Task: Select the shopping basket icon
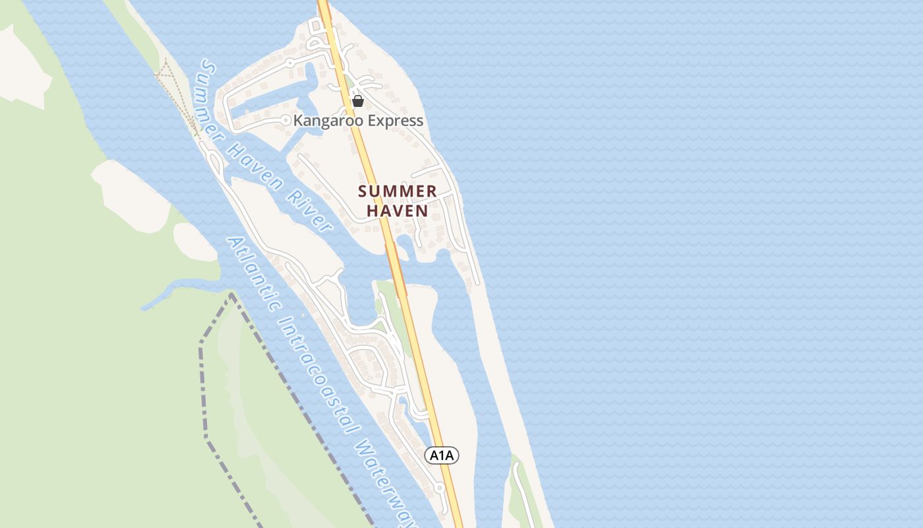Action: [358, 101]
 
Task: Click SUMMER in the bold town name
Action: [398, 192]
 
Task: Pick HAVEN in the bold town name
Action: [398, 211]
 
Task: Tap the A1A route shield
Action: [441, 455]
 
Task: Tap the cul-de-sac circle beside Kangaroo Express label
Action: [285, 120]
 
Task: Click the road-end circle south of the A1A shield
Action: [440, 488]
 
